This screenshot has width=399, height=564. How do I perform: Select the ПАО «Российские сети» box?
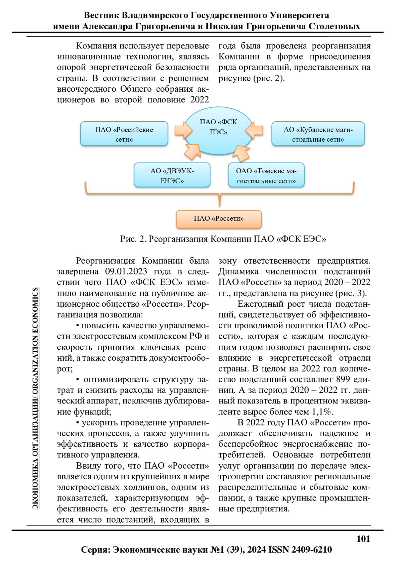pyautogui.click(x=124, y=134)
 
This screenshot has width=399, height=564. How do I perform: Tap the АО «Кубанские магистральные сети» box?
pyautogui.click(x=318, y=134)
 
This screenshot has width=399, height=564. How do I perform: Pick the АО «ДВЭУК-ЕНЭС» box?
pyautogui.click(x=172, y=175)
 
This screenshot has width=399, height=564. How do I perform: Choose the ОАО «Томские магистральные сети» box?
pyautogui.click(x=266, y=175)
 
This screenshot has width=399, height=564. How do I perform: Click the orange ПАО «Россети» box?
pyautogui.click(x=219, y=219)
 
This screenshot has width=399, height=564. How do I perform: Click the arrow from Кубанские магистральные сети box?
pyautogui.click(x=255, y=130)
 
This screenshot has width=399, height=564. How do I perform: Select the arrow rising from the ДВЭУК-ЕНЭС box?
pyautogui.click(x=192, y=152)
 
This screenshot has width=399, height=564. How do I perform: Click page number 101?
pyautogui.click(x=363, y=539)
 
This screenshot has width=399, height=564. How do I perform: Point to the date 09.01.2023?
pyautogui.click(x=126, y=272)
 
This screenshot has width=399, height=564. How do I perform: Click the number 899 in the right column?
pyautogui.click(x=343, y=379)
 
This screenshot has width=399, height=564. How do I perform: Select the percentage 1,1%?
pyautogui.click(x=322, y=412)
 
